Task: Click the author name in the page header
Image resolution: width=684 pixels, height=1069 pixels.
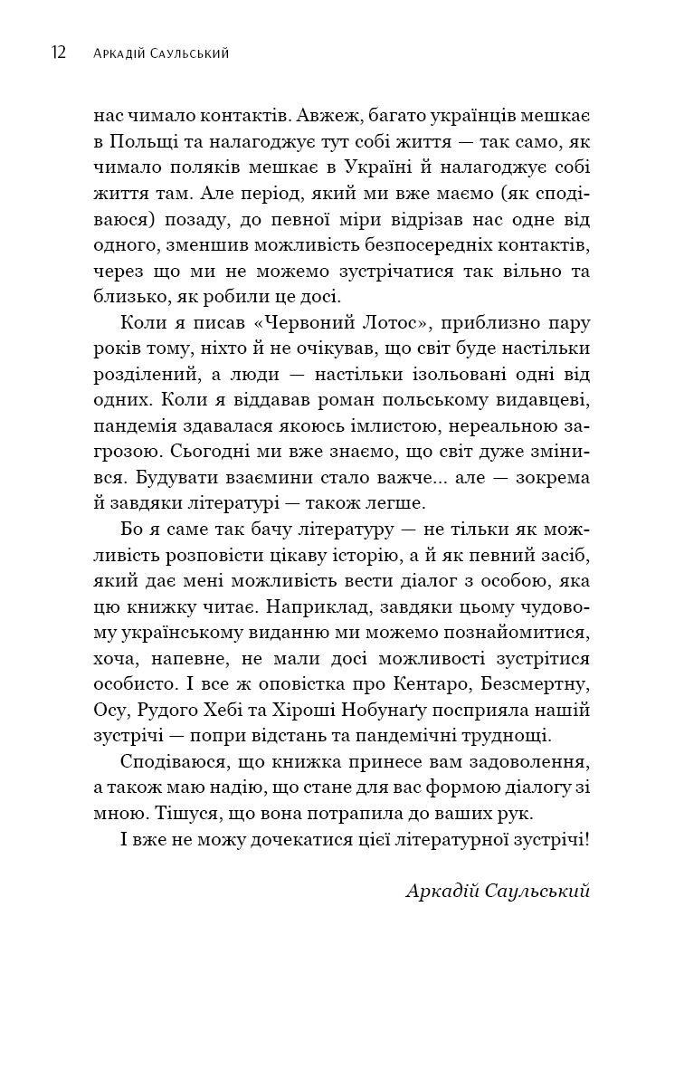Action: point(161,53)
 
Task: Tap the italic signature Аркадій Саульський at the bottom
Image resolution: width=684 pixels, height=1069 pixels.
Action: point(498,892)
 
